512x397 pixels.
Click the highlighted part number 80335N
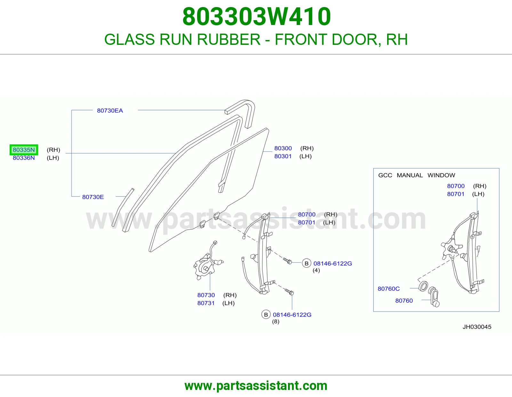(x=24, y=150)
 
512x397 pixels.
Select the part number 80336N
(x=24, y=158)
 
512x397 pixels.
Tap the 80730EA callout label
(x=110, y=110)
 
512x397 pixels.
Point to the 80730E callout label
(x=93, y=197)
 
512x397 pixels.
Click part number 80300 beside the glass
(x=283, y=148)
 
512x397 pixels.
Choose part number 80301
(x=283, y=156)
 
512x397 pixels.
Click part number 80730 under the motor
(x=206, y=295)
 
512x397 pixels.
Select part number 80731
(x=206, y=303)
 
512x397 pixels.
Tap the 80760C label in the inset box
(x=389, y=289)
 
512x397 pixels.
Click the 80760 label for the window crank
(x=404, y=301)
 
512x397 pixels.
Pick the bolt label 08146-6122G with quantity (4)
(x=333, y=263)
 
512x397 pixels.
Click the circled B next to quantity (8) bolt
(x=266, y=315)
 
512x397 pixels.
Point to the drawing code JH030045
(x=477, y=327)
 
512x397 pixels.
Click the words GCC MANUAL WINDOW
(x=417, y=175)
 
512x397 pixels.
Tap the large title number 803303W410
(x=257, y=16)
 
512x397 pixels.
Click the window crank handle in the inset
(x=434, y=297)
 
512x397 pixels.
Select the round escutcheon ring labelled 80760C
(x=423, y=286)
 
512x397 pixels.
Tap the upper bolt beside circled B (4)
(x=288, y=261)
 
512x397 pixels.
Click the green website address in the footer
(x=256, y=386)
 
